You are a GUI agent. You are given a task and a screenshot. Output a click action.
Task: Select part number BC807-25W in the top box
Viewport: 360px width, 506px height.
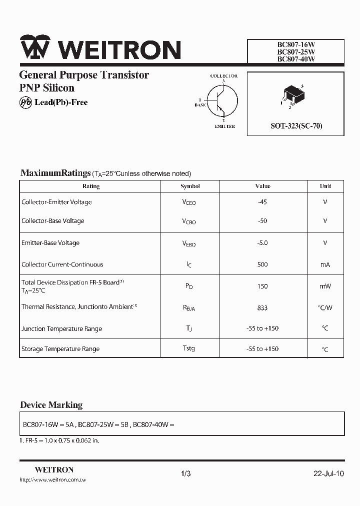click(296, 51)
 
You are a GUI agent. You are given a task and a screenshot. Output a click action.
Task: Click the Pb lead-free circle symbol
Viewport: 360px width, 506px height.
click(25, 102)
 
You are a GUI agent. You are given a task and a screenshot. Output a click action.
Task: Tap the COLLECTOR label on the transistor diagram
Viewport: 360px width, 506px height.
click(223, 76)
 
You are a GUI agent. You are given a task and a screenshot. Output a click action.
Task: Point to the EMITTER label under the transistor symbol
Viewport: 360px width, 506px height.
click(224, 126)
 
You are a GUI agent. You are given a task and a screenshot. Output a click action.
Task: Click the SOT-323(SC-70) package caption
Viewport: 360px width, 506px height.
click(296, 126)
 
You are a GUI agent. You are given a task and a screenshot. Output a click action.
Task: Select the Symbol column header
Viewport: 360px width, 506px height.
click(190, 186)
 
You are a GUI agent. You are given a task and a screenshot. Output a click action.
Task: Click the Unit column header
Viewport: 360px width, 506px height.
click(325, 186)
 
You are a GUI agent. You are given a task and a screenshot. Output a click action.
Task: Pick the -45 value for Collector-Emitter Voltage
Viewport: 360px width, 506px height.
click(262, 202)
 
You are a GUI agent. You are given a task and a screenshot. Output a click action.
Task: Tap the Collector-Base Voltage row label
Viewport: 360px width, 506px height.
click(53, 221)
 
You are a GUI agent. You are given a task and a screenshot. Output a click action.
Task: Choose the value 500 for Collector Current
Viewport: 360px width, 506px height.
click(262, 264)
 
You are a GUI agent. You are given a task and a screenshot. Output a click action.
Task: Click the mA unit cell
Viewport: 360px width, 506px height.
click(325, 265)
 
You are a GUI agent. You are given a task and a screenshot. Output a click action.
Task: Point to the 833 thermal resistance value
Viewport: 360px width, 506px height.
click(262, 308)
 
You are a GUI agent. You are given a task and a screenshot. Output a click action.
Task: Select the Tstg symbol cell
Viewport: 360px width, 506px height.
click(189, 348)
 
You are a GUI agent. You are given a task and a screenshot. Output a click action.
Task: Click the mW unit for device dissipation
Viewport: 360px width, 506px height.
click(325, 286)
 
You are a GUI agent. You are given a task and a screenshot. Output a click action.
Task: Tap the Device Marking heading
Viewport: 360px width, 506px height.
click(51, 405)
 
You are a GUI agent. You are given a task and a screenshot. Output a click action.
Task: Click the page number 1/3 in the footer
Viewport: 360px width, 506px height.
click(186, 473)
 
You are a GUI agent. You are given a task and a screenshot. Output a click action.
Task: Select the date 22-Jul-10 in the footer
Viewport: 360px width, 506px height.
click(328, 473)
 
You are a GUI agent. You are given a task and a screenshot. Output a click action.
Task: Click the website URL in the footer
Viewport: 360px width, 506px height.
click(52, 480)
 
